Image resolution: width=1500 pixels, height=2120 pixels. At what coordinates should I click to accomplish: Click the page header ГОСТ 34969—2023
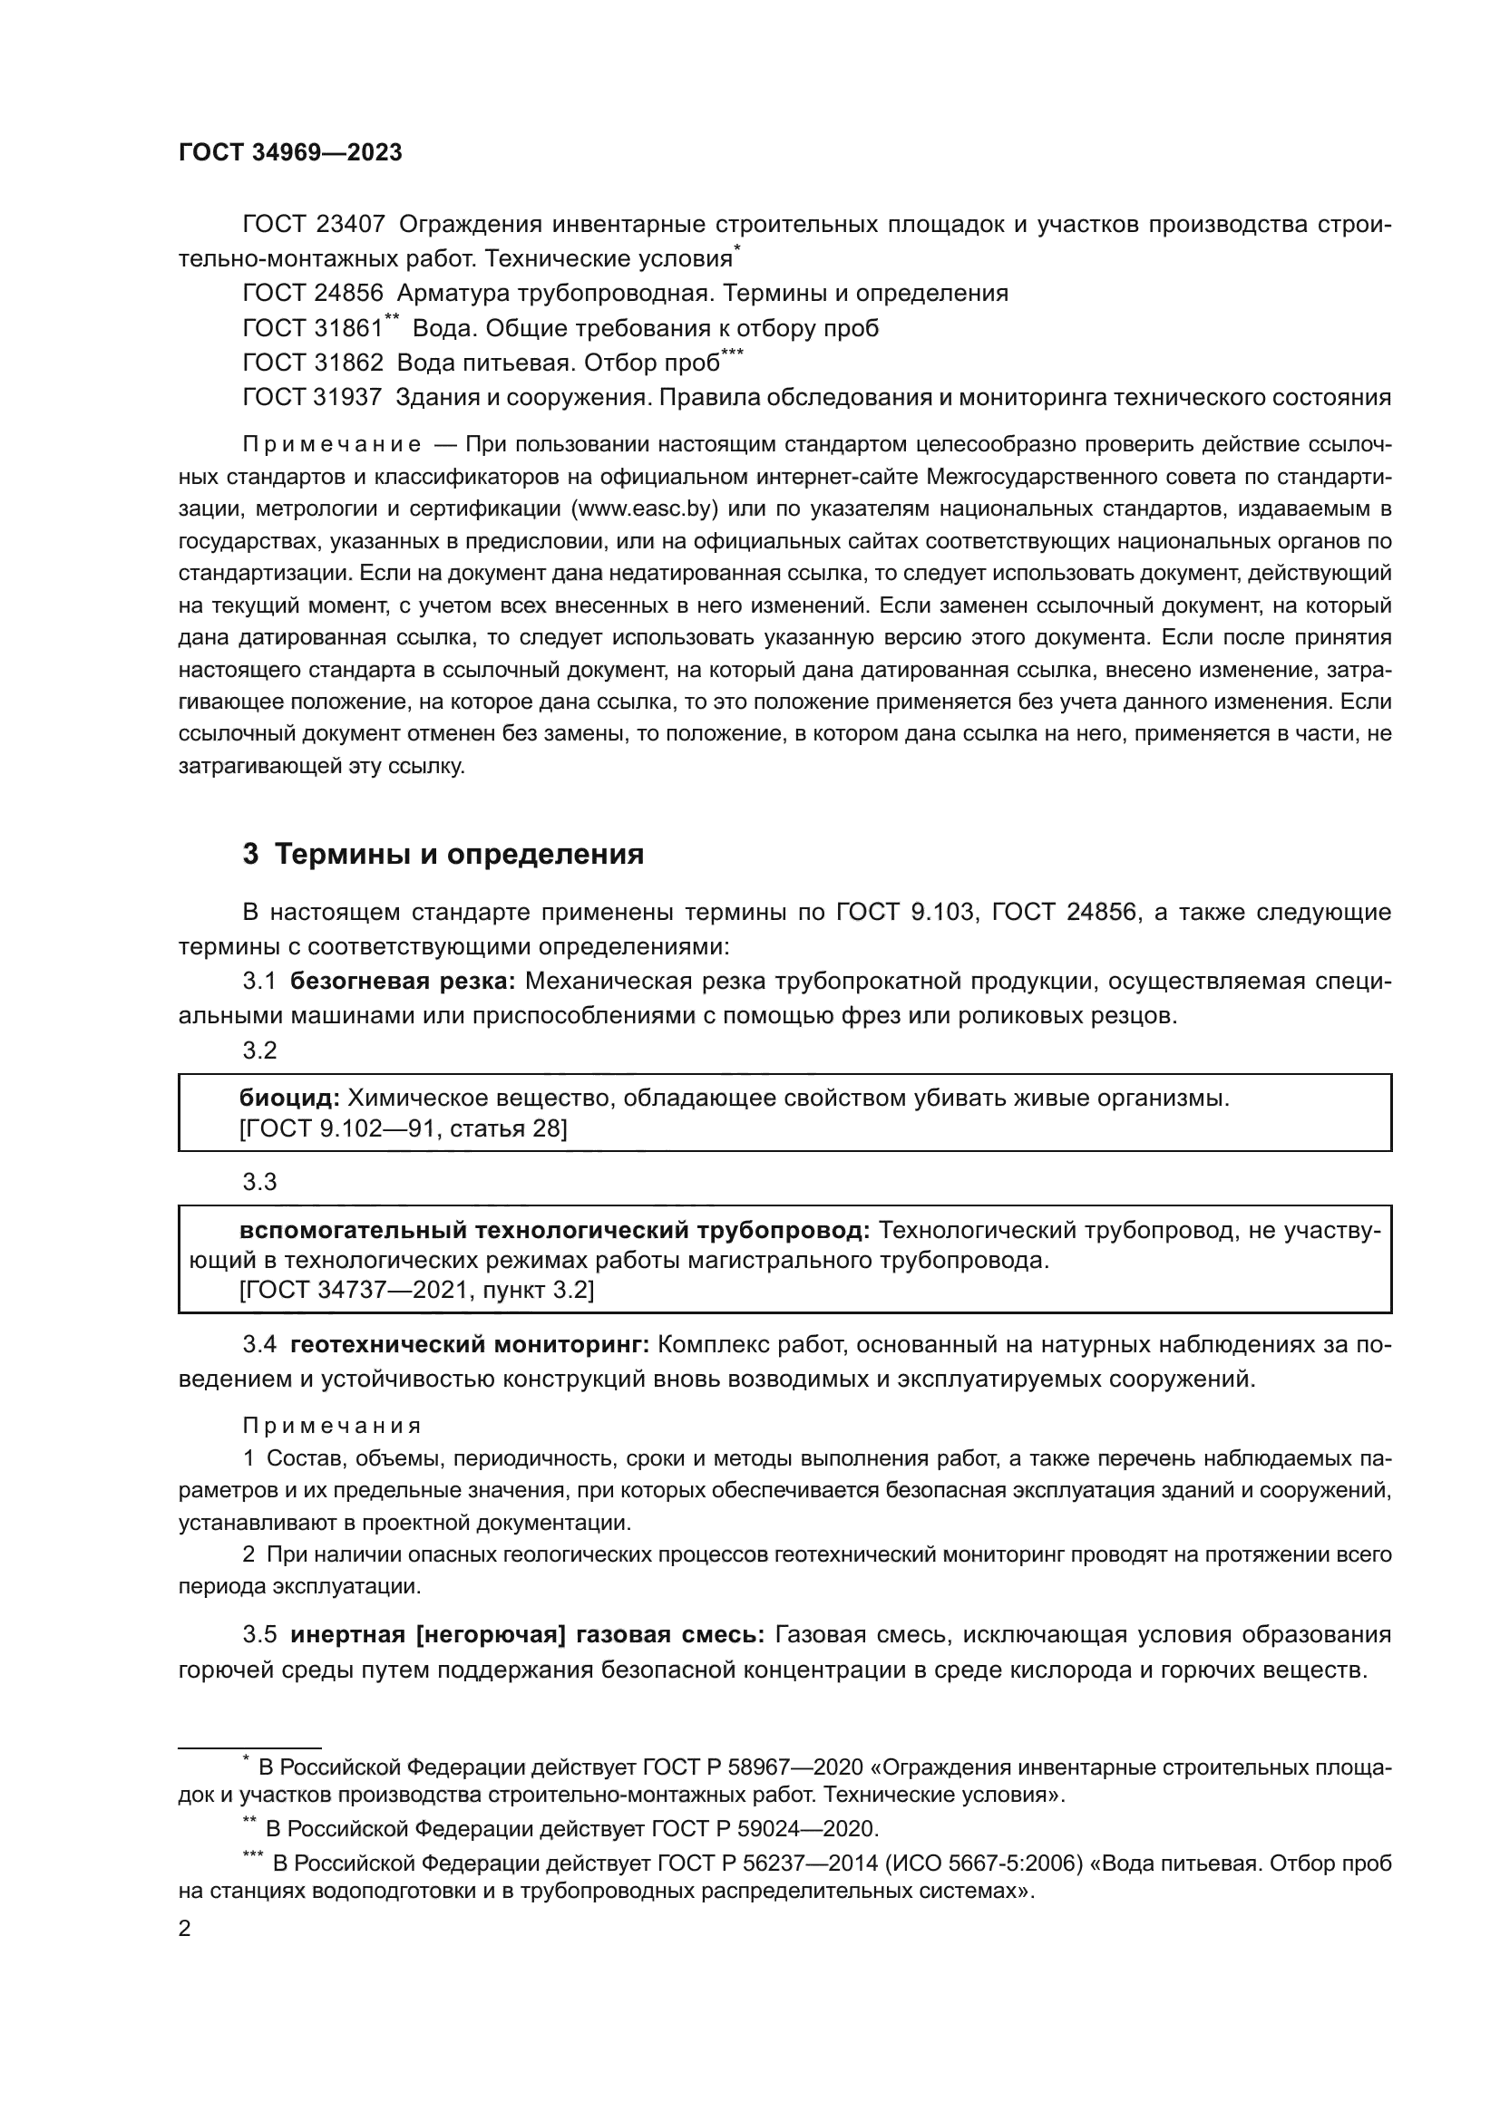290,153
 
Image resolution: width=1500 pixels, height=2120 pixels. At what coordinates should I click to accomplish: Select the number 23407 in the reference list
350,225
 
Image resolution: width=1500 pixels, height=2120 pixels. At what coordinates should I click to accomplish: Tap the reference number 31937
347,397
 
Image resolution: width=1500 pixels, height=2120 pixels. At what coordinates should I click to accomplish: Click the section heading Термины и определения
459,854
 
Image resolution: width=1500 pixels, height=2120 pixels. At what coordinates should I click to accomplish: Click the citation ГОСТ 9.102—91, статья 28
403,1128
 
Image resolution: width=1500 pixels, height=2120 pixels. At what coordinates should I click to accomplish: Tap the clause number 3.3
259,1182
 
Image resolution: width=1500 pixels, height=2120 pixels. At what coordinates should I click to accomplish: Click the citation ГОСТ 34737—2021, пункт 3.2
416,1290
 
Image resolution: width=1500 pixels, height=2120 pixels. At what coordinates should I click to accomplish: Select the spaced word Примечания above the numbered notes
332,1426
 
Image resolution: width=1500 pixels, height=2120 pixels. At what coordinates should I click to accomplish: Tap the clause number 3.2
259,1050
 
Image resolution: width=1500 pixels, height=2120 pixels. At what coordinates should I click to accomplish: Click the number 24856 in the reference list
348,294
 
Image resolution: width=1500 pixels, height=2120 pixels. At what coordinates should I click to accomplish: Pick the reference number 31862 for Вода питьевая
348,363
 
